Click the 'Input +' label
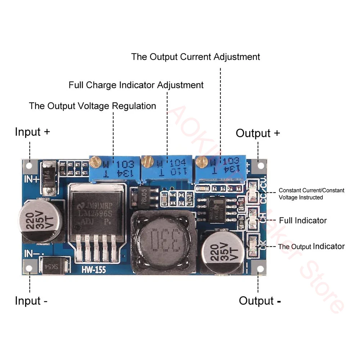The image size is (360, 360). pos(32,132)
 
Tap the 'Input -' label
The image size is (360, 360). pos(31,301)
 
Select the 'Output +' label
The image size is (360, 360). pos(258,133)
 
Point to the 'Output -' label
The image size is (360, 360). pos(260,301)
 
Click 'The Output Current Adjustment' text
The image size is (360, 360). pos(195,57)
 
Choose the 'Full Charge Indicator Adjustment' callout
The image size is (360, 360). pos(136,85)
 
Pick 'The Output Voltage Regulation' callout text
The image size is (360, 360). pos(93,106)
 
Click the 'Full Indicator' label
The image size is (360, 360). pos(303,220)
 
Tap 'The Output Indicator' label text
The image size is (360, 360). pos(311,247)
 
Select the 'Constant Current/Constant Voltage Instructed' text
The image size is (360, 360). pos(311,194)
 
